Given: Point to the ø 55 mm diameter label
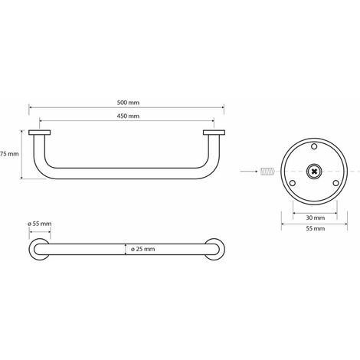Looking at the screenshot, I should [40, 224].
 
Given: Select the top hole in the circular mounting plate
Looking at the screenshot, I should [314, 146].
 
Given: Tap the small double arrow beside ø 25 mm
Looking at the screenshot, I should [125, 249].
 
